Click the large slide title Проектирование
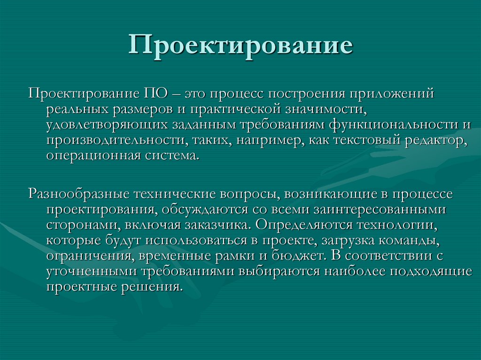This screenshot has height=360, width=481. (x=240, y=46)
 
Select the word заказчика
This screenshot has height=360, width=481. (x=217, y=224)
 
